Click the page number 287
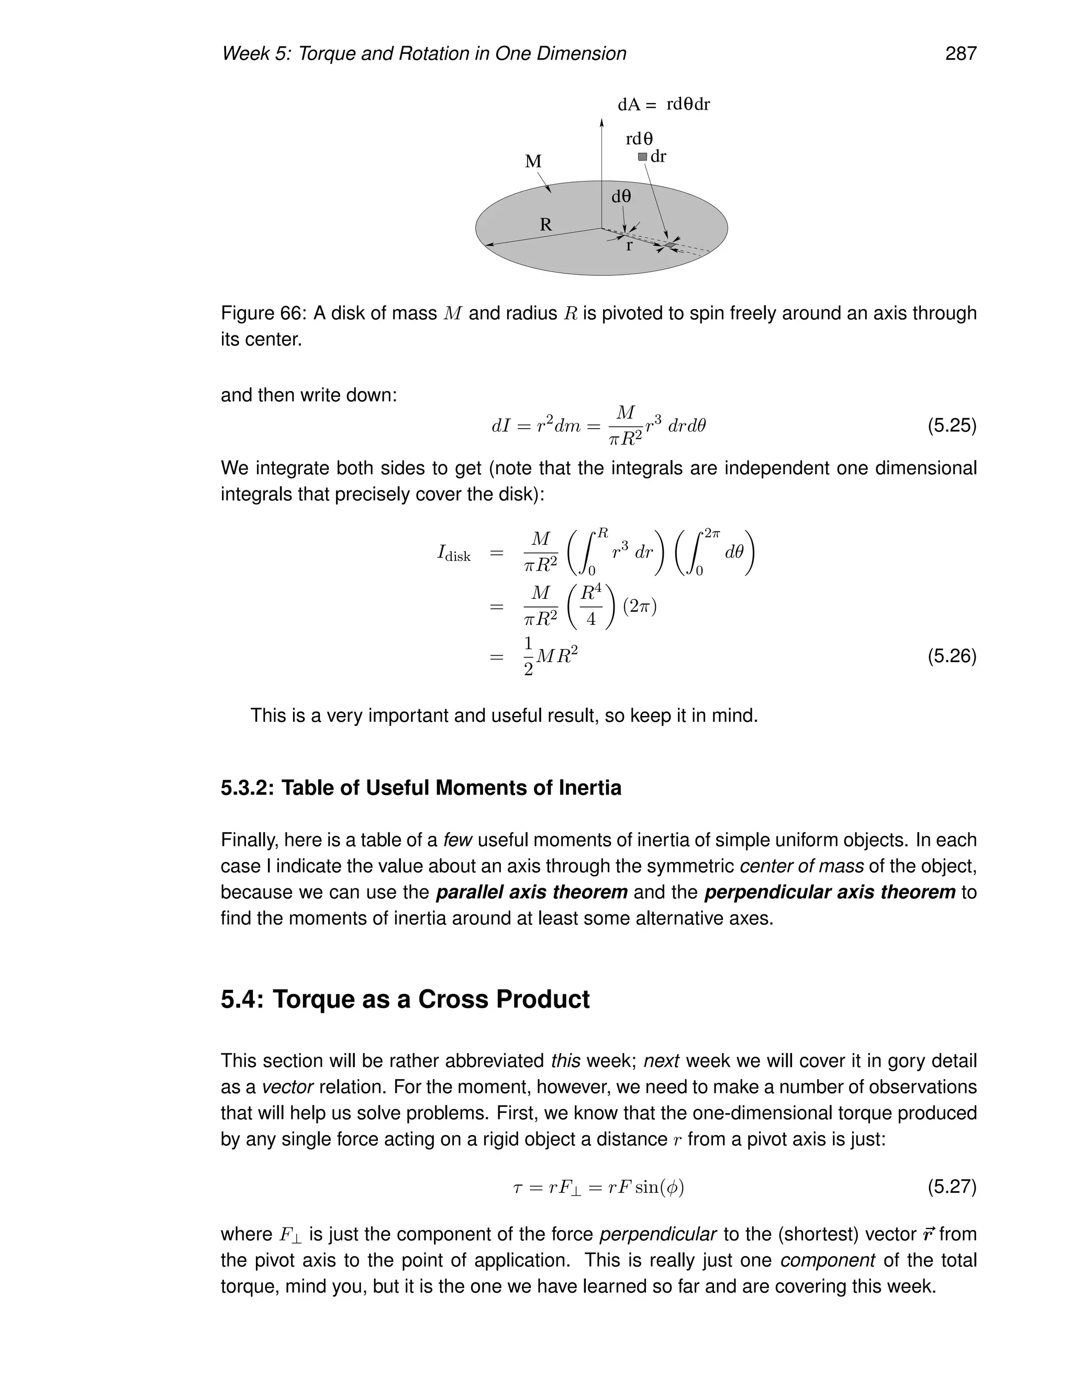click(x=960, y=54)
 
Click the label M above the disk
click(x=533, y=161)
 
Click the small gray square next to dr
click(x=642, y=156)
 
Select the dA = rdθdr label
click(x=663, y=104)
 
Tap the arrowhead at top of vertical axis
click(x=601, y=121)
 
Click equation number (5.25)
click(x=951, y=425)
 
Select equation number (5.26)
click(x=951, y=655)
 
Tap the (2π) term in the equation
click(x=640, y=607)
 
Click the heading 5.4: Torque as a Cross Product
click(x=405, y=999)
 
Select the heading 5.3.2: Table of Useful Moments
click(x=420, y=788)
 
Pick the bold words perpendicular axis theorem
click(x=830, y=892)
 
